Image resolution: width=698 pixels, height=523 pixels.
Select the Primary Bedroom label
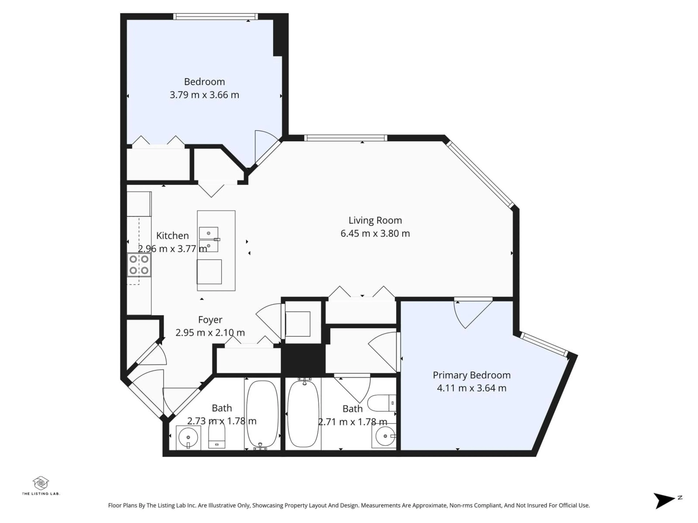pyautogui.click(x=472, y=375)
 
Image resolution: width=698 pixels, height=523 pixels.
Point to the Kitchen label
pyautogui.click(x=172, y=236)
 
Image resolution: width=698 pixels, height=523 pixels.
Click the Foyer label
pyautogui.click(x=210, y=320)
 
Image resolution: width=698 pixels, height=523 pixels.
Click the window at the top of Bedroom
pyautogui.click(x=216, y=16)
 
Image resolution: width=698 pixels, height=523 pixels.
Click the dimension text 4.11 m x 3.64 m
pyautogui.click(x=472, y=388)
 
